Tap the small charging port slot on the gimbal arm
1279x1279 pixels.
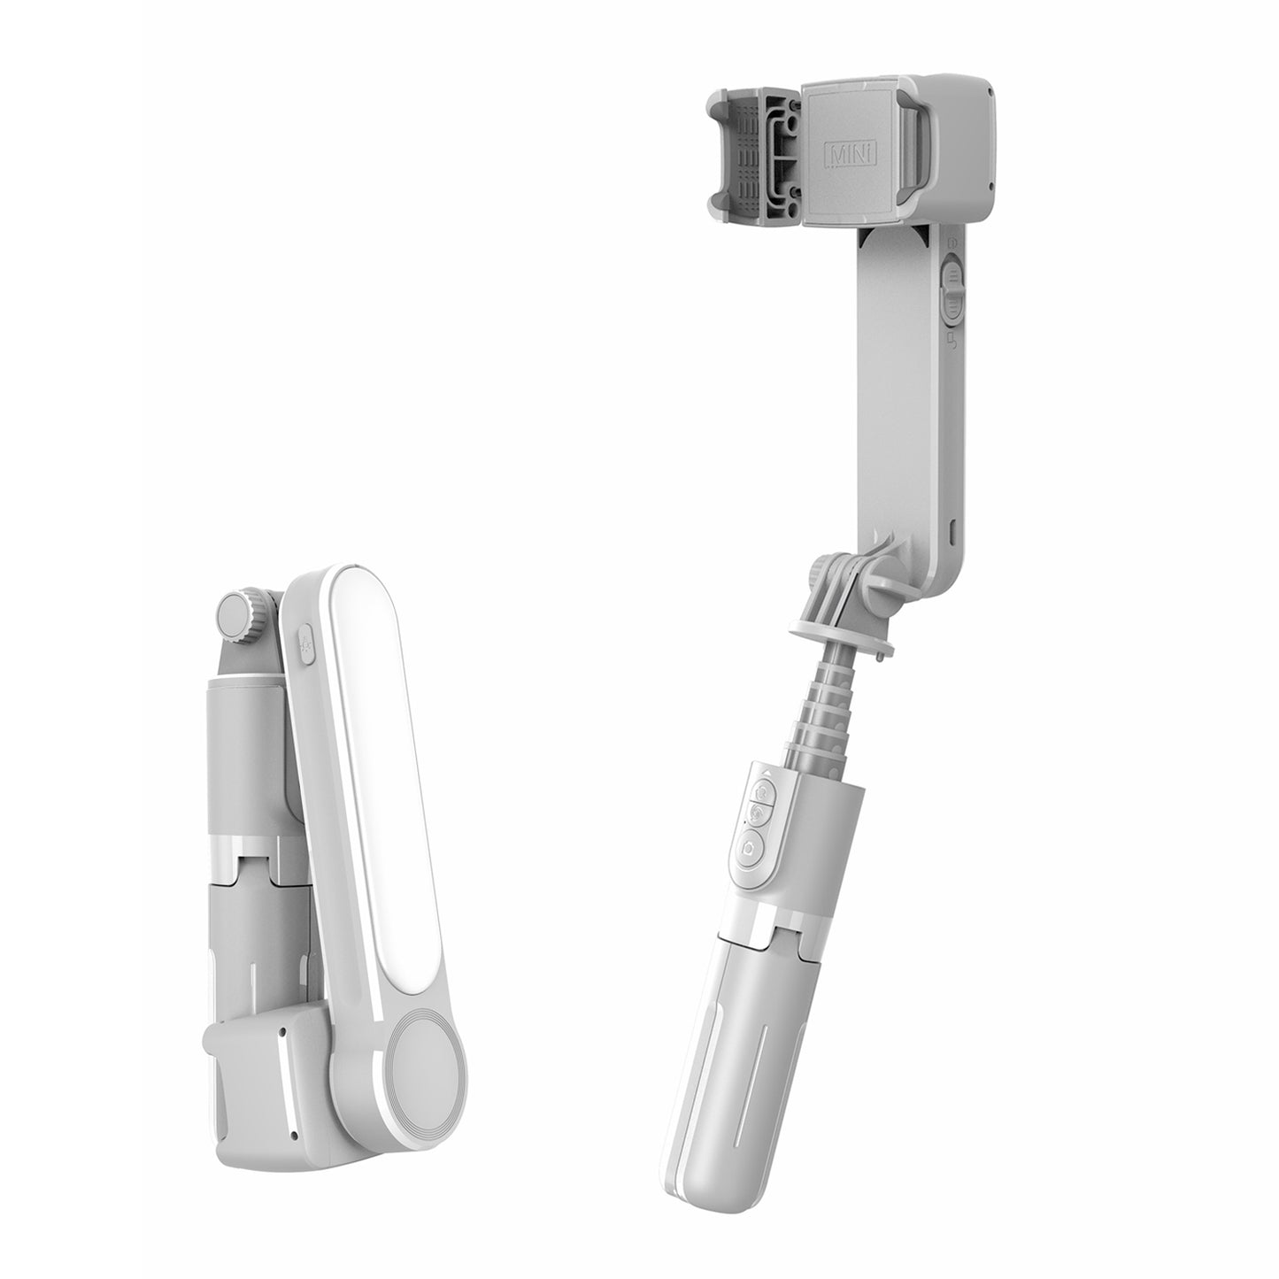(x=953, y=531)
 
